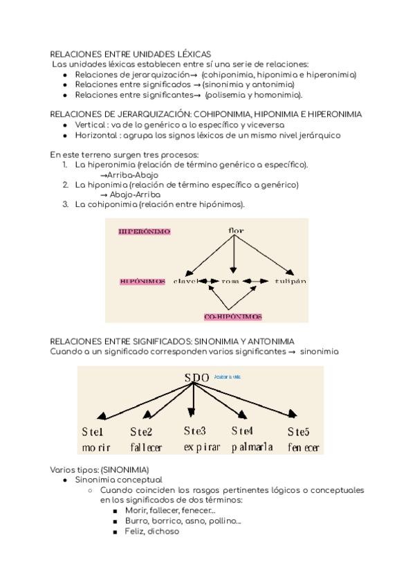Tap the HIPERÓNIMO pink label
pos(145,231)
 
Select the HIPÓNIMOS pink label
pos(142,282)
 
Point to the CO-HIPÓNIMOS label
pos(233,316)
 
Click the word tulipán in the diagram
pos(290,282)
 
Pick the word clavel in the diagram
pos(185,282)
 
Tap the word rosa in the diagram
pos(230,282)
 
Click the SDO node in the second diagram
pos(197,377)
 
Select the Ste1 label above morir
pos(93,433)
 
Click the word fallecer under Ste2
pos(145,448)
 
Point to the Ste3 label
pos(195,431)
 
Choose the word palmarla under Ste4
pos(252,448)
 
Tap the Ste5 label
pos(299,433)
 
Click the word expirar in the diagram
pos(202,448)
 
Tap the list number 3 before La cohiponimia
pos(65,204)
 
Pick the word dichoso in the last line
pos(163,532)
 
